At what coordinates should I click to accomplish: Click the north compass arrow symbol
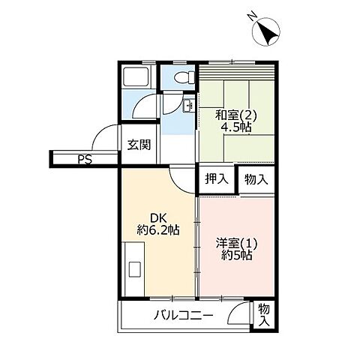pyautogui.click(x=268, y=32)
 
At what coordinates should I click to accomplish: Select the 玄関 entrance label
pyautogui.click(x=138, y=144)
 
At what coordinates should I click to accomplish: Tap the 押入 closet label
pyautogui.click(x=217, y=179)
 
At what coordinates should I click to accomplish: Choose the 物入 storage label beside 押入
pyautogui.click(x=255, y=179)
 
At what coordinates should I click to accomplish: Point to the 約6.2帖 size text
pyautogui.click(x=158, y=230)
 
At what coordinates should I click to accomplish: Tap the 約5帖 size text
pyautogui.click(x=236, y=255)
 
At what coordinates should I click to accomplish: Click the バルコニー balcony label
pyautogui.click(x=184, y=315)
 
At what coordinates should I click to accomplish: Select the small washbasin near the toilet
pyautogui.click(x=188, y=104)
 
